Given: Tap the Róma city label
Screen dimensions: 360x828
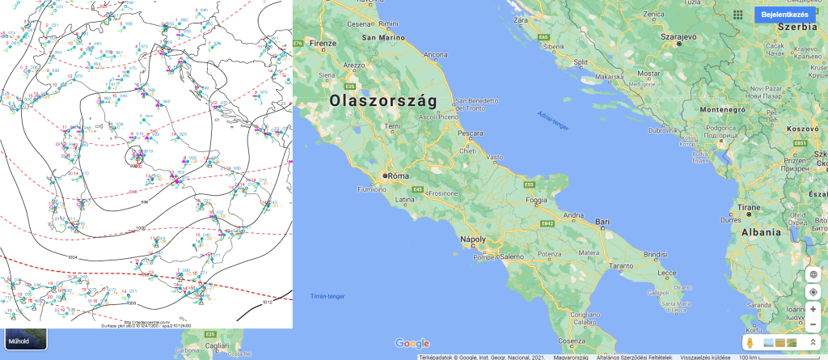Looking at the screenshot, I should click(x=398, y=176).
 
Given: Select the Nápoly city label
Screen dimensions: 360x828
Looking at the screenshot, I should click(x=472, y=239).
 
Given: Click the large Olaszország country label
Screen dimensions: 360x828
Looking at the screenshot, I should click(x=382, y=101).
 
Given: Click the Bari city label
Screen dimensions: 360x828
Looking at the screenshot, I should click(x=602, y=221).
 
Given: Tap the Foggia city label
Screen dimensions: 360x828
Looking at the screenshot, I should click(x=544, y=200).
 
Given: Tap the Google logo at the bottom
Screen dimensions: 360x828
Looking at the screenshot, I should click(x=412, y=344).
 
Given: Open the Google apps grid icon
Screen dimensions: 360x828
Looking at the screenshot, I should click(x=737, y=15).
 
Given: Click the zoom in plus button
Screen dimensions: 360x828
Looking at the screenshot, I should click(x=813, y=309).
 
